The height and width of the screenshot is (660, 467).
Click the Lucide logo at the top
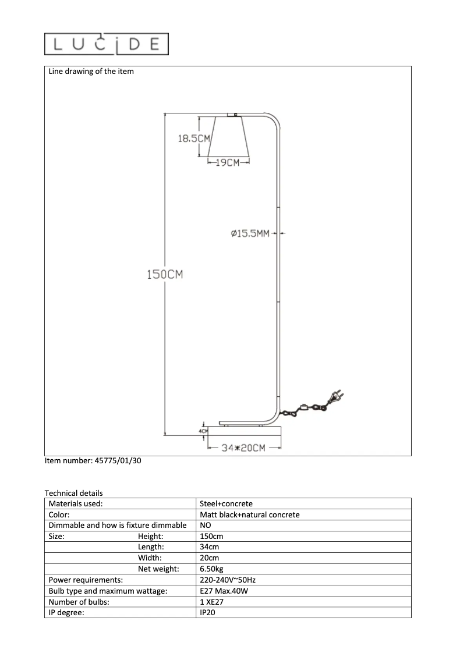(x=107, y=44)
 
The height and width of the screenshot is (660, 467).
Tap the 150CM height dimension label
(x=164, y=274)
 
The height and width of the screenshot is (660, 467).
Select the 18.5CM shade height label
(x=193, y=139)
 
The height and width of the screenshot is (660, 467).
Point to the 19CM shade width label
(x=228, y=163)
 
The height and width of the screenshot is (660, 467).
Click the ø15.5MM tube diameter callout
(x=250, y=233)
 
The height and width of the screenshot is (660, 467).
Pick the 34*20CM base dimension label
(x=244, y=448)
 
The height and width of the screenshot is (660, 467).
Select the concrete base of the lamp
(x=245, y=431)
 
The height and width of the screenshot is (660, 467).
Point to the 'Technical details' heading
(x=73, y=493)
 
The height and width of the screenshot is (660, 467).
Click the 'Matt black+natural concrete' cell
(x=249, y=515)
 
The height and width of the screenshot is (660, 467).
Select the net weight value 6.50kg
(x=211, y=569)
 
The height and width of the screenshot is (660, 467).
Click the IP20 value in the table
(x=207, y=613)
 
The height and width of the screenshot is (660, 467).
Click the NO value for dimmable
(x=206, y=526)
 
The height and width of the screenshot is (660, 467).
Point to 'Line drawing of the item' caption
(x=91, y=72)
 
